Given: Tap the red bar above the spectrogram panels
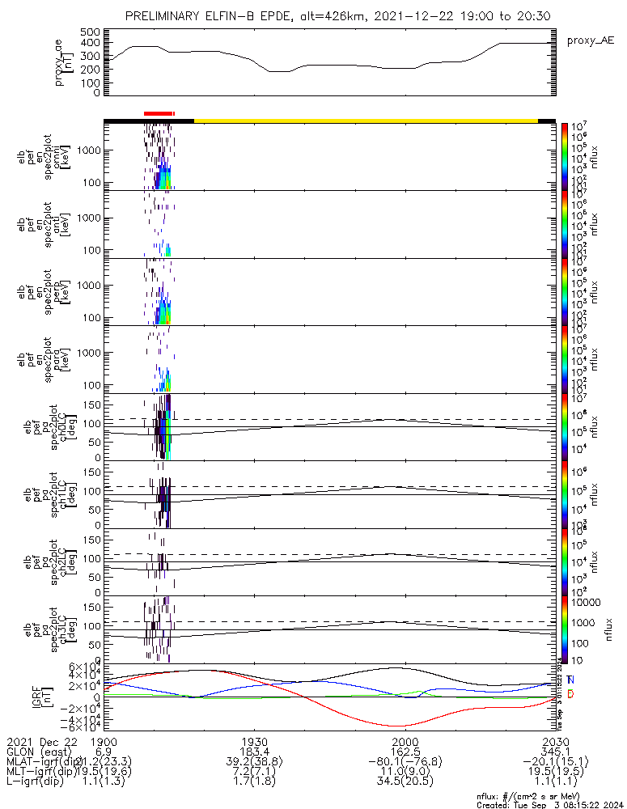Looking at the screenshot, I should click(x=159, y=114).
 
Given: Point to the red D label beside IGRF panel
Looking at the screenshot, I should click(x=570, y=696).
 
